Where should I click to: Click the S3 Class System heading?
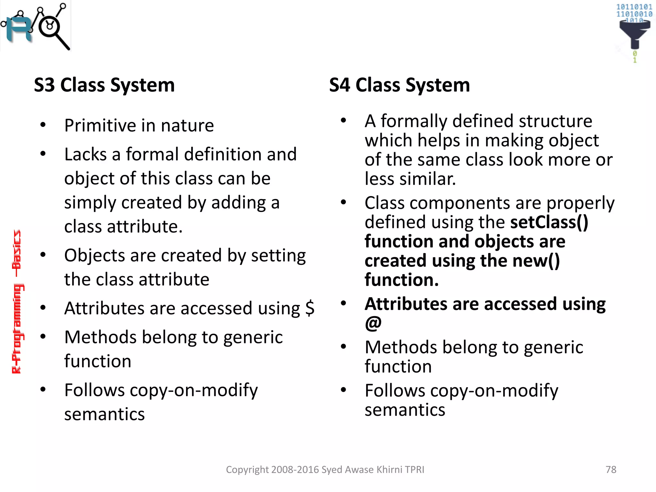coord(104,85)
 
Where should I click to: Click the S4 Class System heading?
coord(399,85)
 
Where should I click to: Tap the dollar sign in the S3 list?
coord(310,308)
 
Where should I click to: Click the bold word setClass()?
coord(549,222)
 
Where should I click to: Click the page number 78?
coord(611,470)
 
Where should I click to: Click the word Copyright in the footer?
coord(247,470)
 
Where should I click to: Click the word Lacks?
coord(85,154)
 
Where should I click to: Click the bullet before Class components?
coord(343,202)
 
